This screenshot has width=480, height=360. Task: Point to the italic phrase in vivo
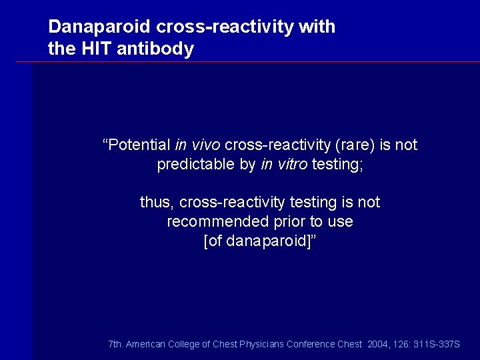[x=198, y=145]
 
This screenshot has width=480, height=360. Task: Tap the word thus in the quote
[x=156, y=202]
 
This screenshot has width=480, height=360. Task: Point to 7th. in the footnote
[x=115, y=344]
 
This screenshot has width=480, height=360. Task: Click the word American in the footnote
[x=145, y=344]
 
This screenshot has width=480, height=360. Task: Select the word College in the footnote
[x=183, y=344]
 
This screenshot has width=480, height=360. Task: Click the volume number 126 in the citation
[x=401, y=344]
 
